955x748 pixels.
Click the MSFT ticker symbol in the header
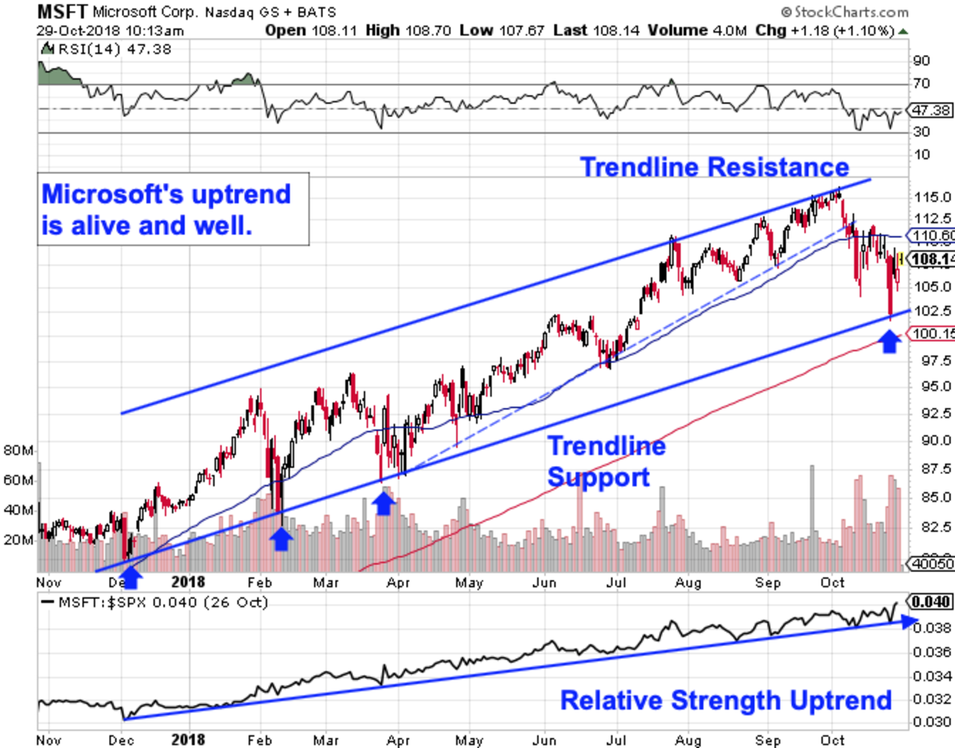click(62, 11)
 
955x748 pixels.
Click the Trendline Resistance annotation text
click(714, 167)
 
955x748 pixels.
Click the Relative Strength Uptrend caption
click(726, 700)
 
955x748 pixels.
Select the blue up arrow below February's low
click(281, 538)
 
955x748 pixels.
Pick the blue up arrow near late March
click(384, 502)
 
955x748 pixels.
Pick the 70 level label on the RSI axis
click(922, 83)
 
